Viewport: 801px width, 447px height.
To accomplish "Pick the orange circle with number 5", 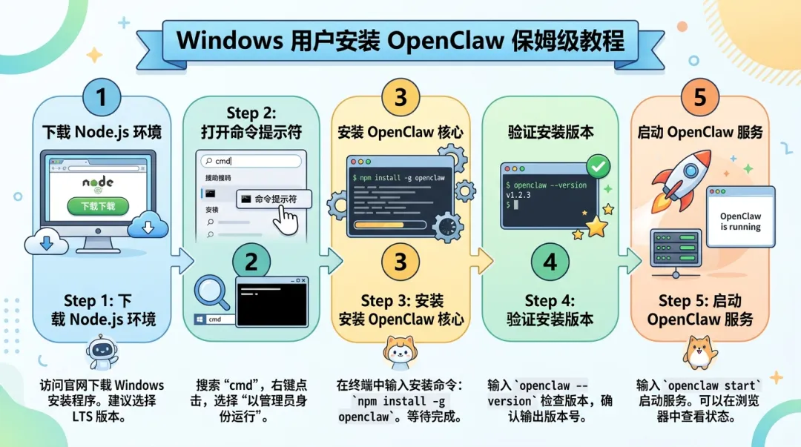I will (700, 97).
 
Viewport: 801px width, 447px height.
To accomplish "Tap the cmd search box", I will (253, 160).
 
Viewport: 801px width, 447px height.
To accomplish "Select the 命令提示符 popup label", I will (274, 199).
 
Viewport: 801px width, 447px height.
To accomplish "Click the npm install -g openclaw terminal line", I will (399, 178).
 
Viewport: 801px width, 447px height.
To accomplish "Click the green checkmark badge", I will (598, 167).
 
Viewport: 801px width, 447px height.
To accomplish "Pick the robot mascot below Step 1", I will (102, 352).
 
